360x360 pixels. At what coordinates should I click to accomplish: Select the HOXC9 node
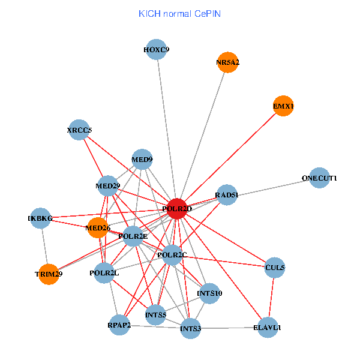[157, 50]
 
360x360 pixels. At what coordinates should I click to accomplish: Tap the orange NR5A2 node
[227, 62]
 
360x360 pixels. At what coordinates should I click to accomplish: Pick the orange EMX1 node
[283, 106]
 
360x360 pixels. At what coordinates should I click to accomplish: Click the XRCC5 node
[79, 130]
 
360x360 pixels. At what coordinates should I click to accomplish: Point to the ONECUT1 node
[320, 178]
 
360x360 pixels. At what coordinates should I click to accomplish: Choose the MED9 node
[142, 160]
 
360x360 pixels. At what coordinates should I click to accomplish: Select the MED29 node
[108, 186]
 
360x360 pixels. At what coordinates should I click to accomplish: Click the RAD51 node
[227, 194]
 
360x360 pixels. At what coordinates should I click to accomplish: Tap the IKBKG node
[40, 218]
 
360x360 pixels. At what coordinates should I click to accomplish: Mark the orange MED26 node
[98, 227]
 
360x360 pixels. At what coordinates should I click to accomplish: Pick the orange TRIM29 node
[49, 274]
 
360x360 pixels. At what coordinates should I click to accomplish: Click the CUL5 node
[275, 268]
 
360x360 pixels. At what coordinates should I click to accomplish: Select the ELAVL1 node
[267, 328]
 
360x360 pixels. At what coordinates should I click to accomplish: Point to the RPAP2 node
[119, 325]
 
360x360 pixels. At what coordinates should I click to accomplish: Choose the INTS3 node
[190, 328]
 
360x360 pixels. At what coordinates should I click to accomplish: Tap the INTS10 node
[209, 293]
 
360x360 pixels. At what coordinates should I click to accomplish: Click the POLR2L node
[104, 274]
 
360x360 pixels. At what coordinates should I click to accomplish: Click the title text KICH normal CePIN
[179, 13]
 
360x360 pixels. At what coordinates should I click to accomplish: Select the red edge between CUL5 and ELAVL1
[271, 298]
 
